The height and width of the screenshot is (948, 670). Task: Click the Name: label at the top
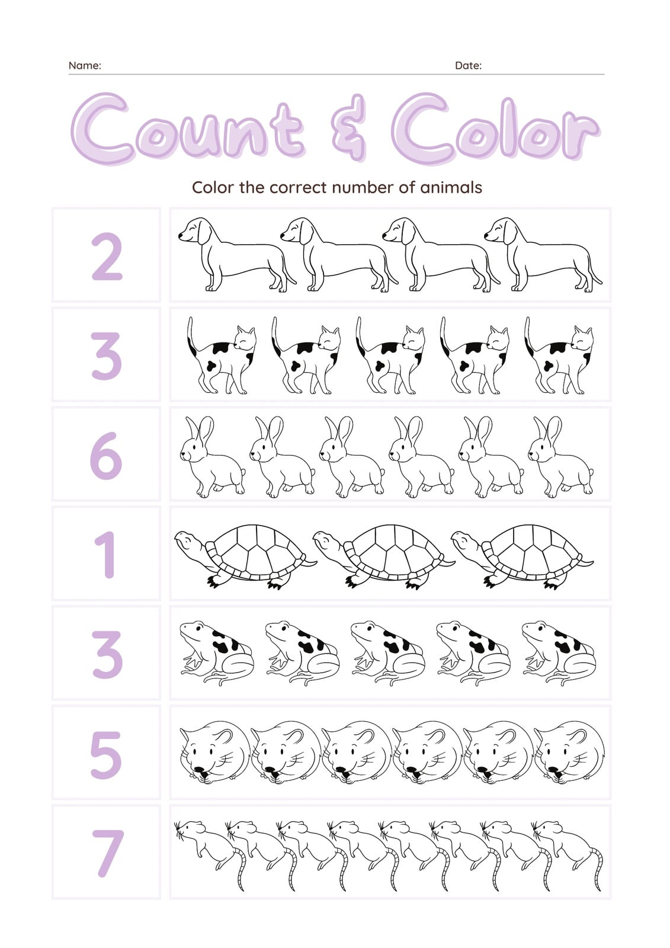click(85, 66)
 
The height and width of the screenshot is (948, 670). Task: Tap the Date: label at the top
click(468, 66)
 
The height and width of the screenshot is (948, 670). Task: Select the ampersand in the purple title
click(348, 127)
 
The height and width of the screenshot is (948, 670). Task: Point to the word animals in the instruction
click(451, 187)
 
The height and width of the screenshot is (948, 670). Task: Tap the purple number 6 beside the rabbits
click(106, 456)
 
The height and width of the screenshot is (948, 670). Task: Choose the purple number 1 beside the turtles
click(106, 555)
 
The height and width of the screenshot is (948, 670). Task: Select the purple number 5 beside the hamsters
click(106, 755)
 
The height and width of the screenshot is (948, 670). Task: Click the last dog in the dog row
click(543, 255)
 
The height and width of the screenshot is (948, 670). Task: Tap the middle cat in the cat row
click(390, 355)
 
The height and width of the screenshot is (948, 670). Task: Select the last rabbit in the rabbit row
click(560, 457)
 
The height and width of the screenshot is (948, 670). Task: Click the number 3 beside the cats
click(106, 355)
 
